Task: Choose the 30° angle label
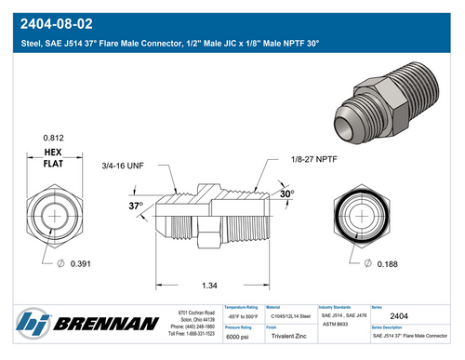[x=286, y=194]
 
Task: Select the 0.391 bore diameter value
[x=81, y=265]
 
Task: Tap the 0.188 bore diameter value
[x=390, y=265]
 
